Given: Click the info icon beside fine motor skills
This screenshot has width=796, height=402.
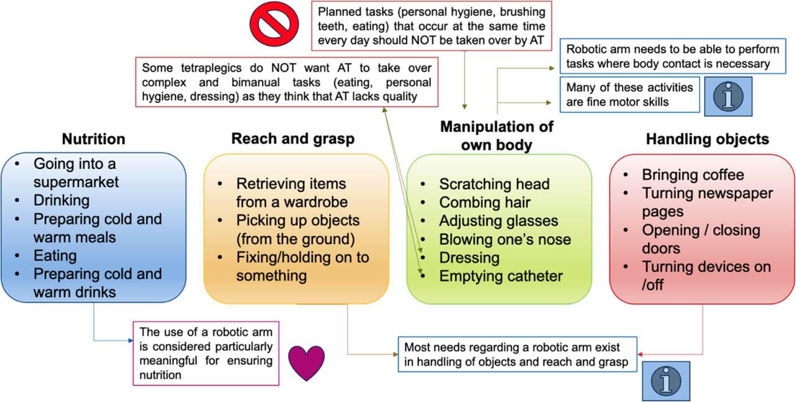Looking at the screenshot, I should point(728,97).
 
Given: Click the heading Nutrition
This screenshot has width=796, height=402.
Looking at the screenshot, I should point(93,139).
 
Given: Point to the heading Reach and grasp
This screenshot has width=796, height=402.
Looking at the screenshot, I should point(293,139).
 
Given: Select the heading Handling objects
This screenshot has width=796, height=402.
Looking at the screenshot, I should point(707,139).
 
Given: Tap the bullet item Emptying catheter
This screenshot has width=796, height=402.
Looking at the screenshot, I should point(501,276).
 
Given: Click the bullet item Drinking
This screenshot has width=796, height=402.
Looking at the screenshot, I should point(62,201).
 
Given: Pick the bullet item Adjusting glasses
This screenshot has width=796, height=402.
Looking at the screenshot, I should point(498,221).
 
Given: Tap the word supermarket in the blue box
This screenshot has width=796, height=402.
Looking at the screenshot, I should point(76,183).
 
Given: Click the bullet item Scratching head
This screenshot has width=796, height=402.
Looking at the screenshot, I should point(494,184).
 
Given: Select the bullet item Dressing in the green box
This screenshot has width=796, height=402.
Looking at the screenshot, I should point(469,257).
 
